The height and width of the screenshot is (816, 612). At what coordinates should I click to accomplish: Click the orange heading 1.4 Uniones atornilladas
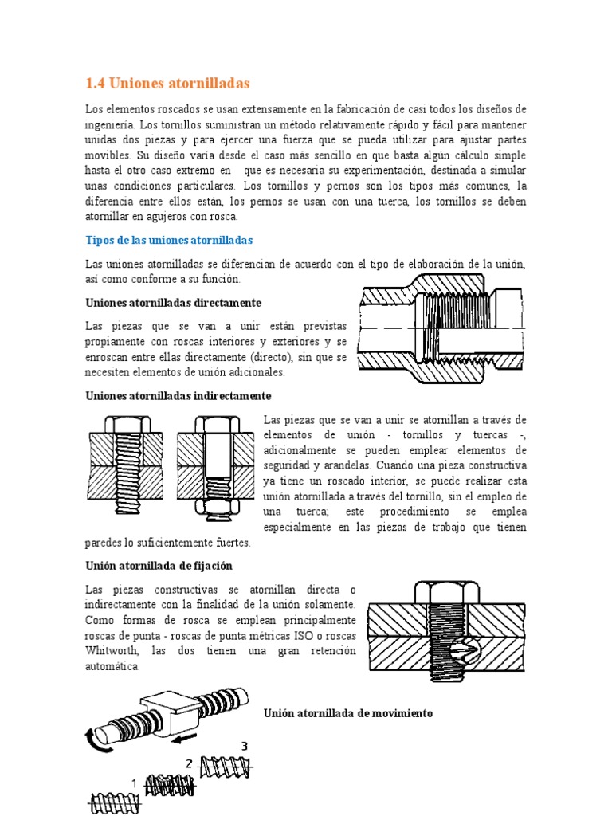tap(167, 83)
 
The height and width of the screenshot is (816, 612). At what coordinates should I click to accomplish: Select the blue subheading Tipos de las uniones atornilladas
tap(169, 240)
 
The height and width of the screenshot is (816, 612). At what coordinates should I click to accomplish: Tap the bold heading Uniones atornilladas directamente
tap(173, 303)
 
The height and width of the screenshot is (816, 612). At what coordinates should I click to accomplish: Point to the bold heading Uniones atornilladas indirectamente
tap(178, 395)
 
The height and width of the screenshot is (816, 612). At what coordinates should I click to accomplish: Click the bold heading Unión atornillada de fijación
tap(159, 566)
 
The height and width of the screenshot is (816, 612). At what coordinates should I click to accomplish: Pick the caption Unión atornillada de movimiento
tap(348, 713)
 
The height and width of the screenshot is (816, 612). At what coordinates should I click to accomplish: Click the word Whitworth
tap(111, 651)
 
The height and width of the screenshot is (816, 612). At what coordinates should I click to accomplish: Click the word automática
tap(112, 666)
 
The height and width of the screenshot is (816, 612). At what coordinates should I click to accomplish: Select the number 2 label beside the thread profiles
tap(189, 763)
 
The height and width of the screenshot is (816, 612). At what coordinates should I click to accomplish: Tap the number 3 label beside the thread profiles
tap(245, 746)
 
